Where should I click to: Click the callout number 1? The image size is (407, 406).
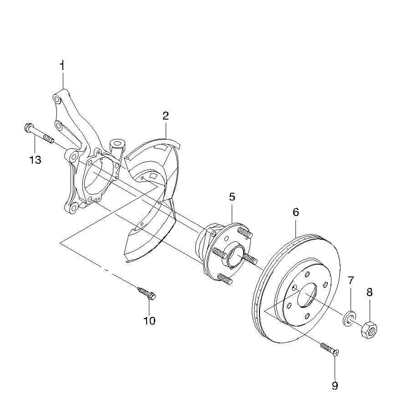[x=62, y=65]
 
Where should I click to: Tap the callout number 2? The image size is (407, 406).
[x=166, y=115]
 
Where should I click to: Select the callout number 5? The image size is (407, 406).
[x=232, y=197]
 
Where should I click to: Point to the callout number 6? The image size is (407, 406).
[x=295, y=212]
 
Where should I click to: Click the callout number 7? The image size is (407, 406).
[x=351, y=280]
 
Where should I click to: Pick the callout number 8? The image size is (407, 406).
[x=369, y=292]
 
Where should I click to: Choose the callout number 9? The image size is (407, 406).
[x=335, y=386]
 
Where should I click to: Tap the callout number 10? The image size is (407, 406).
[x=149, y=321]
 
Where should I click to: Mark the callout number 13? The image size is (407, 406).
[x=36, y=160]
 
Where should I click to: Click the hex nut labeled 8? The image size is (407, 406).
[x=368, y=329]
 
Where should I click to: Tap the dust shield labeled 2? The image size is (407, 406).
[x=153, y=200]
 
